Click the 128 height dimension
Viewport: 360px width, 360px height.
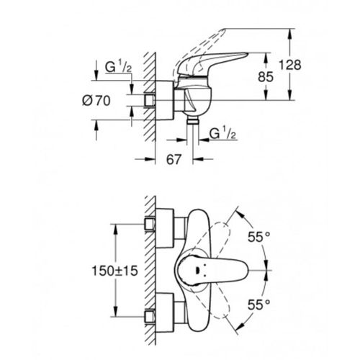tap(308, 65)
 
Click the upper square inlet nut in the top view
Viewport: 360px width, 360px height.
tap(151, 225)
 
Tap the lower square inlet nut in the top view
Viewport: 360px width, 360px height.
tap(151, 314)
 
